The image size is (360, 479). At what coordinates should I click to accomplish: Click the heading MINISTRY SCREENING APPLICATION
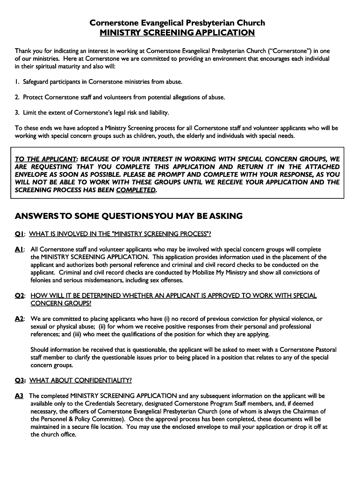point(177,33)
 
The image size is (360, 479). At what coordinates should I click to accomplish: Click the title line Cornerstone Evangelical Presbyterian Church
point(177,22)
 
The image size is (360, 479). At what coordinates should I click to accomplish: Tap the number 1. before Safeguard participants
point(17,82)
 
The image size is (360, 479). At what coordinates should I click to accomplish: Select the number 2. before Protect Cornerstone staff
point(17,97)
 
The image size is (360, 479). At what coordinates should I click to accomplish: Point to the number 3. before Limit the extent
point(17,113)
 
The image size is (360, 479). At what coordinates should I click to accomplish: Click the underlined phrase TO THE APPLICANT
point(46,159)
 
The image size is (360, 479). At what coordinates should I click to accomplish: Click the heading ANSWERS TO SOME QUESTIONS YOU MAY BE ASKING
point(129,216)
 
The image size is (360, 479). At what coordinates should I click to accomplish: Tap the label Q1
point(19,234)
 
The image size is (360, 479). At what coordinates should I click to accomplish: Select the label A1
point(19,250)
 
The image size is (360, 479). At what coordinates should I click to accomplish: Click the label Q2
point(19,296)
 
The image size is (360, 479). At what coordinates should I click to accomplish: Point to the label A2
point(19,319)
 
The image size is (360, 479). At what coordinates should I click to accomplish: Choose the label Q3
point(19,380)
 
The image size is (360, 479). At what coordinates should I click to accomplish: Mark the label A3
point(19,396)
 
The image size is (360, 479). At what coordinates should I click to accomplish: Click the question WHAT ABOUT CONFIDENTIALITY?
point(81,380)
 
